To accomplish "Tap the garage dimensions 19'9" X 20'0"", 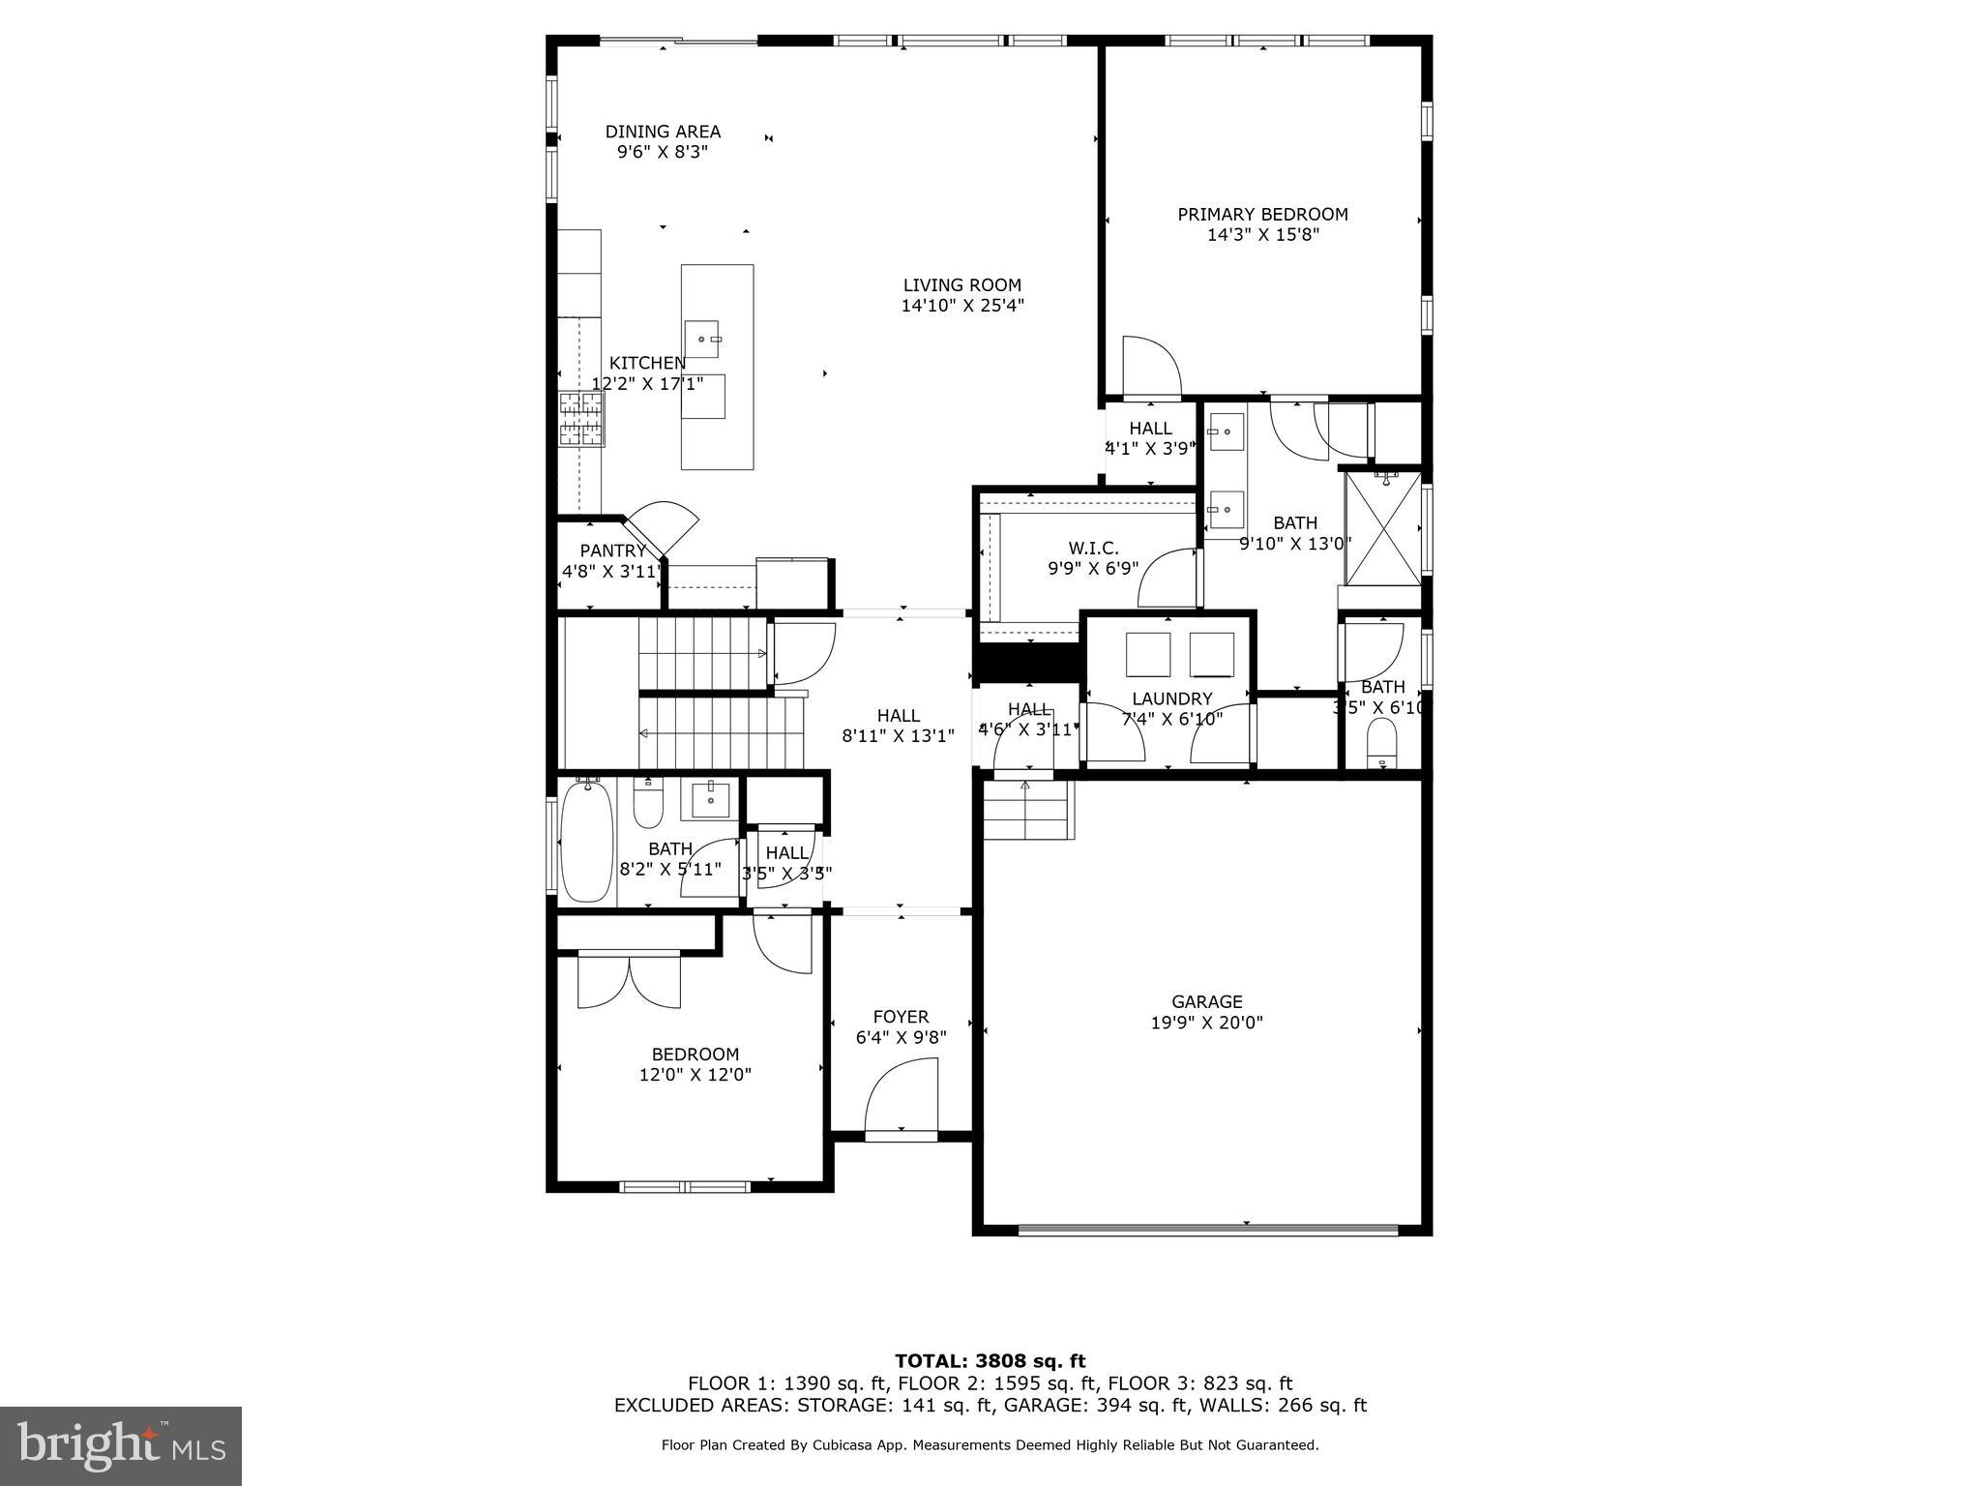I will click(1206, 1023).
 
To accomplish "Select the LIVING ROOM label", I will click(961, 285).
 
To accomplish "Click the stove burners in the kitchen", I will click(580, 418).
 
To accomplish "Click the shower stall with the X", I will click(1383, 527).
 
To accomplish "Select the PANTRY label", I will click(612, 550).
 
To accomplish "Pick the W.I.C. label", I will click(1093, 548).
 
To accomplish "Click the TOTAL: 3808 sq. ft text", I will click(990, 1361).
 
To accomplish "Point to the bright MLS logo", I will click(121, 1445).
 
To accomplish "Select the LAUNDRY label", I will click(1171, 698).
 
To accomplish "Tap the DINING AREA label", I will click(663, 132).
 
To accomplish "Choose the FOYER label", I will click(901, 1017).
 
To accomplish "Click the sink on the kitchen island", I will click(702, 339).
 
